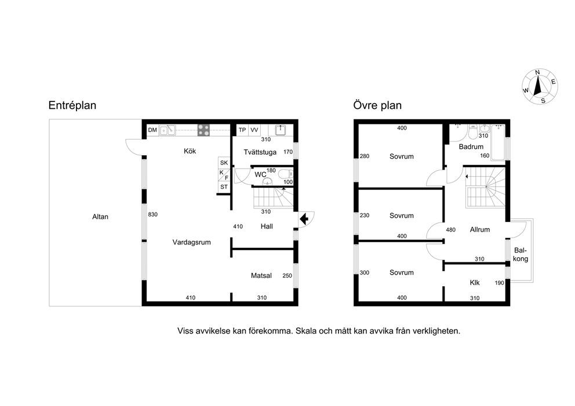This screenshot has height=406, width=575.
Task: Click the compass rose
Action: tap(540, 86)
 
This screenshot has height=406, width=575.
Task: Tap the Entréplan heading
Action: tap(72, 105)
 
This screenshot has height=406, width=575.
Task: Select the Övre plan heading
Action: tap(377, 105)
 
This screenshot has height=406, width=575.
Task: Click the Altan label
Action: tap(100, 217)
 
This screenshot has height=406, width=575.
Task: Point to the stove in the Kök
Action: tap(203, 130)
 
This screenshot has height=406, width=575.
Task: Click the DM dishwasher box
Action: tap(152, 130)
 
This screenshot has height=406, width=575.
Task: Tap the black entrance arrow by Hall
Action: tap(304, 220)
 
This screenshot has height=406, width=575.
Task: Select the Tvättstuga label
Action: tap(260, 152)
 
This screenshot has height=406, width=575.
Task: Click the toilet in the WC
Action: tap(285, 174)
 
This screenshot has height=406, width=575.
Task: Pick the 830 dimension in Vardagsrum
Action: tap(153, 214)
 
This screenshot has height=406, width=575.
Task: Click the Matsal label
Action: tap(261, 276)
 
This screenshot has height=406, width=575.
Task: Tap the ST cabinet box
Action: tap(224, 187)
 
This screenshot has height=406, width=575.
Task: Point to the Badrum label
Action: tap(471, 147)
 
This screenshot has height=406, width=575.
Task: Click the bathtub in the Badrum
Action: tap(498, 142)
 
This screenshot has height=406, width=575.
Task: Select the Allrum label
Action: tap(480, 230)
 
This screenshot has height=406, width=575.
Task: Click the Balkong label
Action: tap(521, 255)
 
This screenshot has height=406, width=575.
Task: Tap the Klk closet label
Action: tap(475, 283)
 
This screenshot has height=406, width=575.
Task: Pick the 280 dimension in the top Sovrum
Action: tap(365, 156)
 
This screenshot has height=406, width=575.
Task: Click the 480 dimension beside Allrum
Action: tap(451, 230)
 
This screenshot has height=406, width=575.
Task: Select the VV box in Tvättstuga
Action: tap(254, 130)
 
